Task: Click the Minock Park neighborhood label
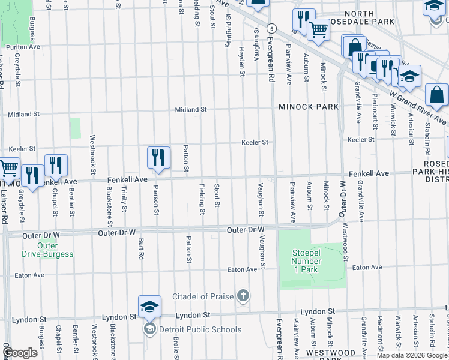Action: tap(308, 107)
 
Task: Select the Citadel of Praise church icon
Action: tap(243, 295)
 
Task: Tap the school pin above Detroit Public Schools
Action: tap(149, 308)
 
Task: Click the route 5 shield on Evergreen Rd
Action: tap(272, 28)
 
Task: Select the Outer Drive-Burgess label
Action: tap(48, 250)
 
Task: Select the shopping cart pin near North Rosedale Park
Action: tap(318, 29)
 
